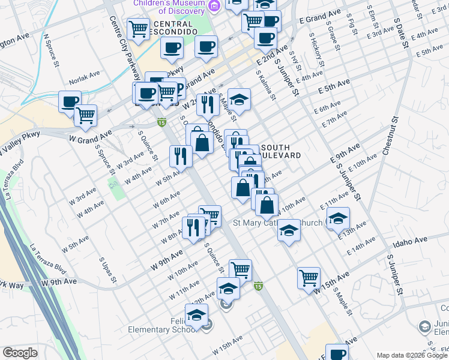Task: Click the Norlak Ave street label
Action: click(85, 76)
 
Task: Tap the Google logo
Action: click(20, 353)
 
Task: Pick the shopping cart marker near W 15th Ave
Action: click(309, 277)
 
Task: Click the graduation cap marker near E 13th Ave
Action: click(339, 218)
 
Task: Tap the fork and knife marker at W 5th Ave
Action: click(181, 156)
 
